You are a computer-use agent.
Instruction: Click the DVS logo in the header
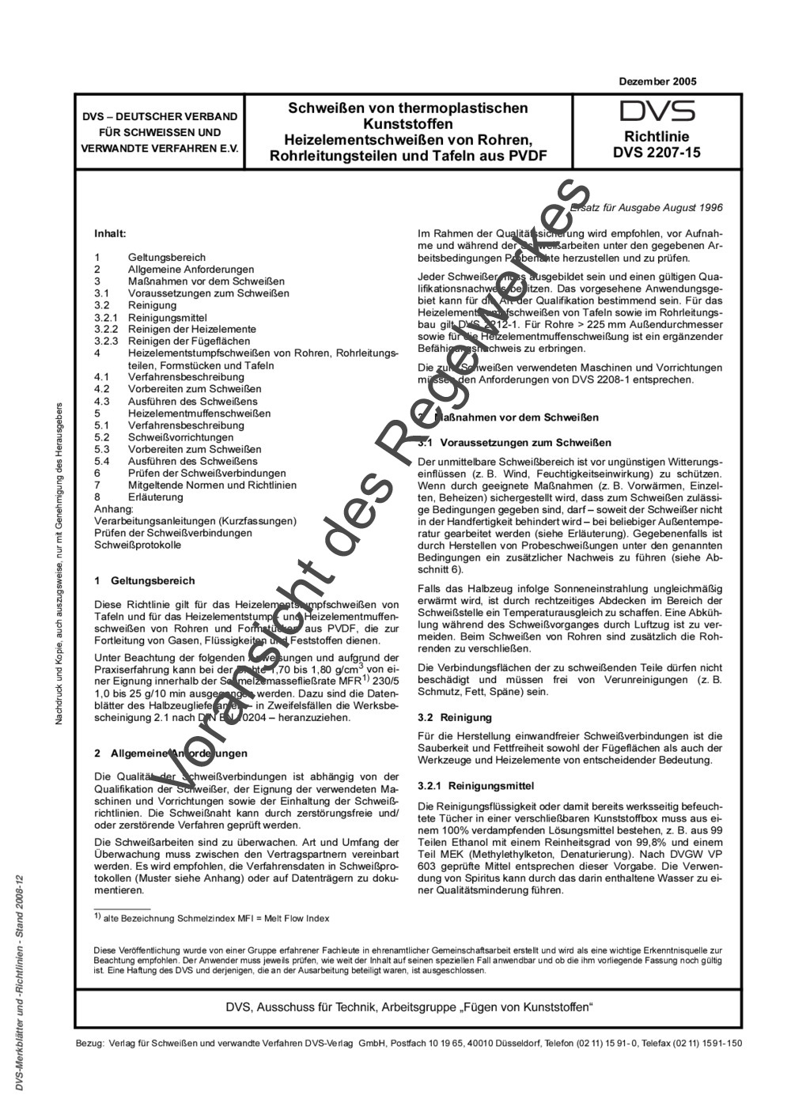click(657, 111)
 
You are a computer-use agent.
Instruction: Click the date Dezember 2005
click(657, 81)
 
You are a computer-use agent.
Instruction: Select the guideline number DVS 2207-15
click(657, 153)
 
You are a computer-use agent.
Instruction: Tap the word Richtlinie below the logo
click(657, 136)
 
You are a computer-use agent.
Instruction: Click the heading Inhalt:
click(110, 234)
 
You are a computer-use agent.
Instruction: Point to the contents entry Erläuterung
click(155, 497)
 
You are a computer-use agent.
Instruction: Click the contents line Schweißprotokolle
click(138, 545)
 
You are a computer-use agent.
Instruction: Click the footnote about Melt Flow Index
click(212, 918)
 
